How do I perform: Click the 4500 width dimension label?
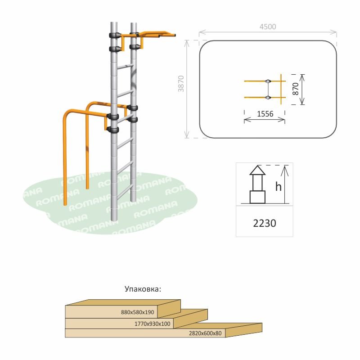[x=268, y=27]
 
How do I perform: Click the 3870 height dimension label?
[x=181, y=83]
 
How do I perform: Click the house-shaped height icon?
[x=258, y=184]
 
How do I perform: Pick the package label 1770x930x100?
[x=153, y=324]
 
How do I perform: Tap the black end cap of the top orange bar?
[x=174, y=35]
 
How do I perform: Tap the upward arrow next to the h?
[x=284, y=184]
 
